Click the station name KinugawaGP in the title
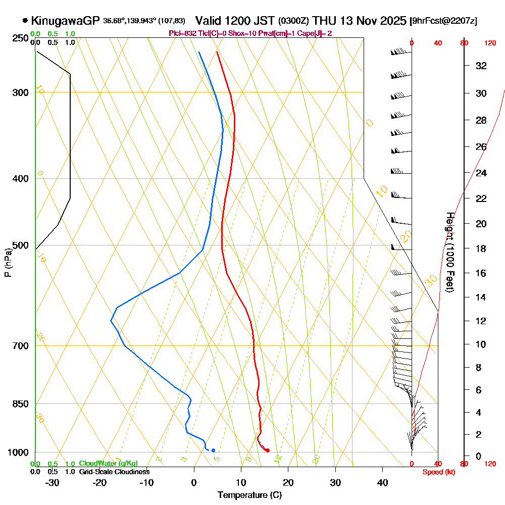click(65, 21)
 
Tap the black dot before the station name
click(25, 21)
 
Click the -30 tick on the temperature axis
click(52, 483)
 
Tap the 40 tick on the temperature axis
click(382, 483)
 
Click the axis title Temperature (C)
click(249, 495)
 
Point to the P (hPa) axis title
click(8, 263)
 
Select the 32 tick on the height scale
click(481, 66)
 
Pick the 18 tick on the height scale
click(481, 248)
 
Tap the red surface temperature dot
click(267, 450)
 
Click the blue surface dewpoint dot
click(213, 450)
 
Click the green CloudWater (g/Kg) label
click(108, 464)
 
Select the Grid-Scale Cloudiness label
click(114, 472)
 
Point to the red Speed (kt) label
click(437, 472)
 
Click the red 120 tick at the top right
click(490, 43)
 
